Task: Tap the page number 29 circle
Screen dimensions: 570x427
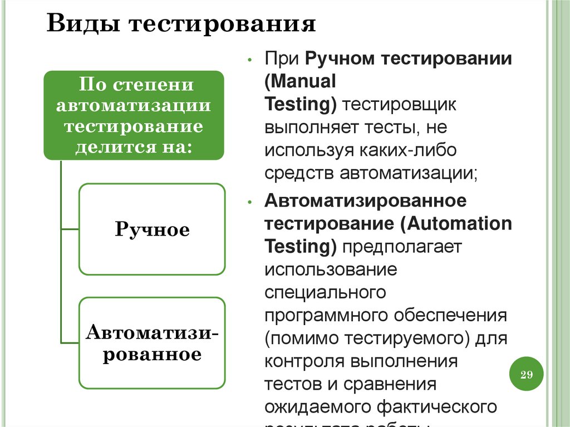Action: tap(526, 374)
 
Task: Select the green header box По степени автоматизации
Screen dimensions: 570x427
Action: tap(134, 115)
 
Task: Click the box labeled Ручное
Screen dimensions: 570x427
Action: tap(152, 229)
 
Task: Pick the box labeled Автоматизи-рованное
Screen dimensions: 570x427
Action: tap(152, 343)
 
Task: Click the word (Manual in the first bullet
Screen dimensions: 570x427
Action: tap(301, 82)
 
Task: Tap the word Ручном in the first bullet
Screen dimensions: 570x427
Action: tap(340, 59)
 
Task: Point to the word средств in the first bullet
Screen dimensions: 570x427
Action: tap(299, 173)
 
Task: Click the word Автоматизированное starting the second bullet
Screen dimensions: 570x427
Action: tap(366, 200)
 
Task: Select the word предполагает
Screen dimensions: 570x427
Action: tap(399, 246)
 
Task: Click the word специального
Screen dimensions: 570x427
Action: tap(326, 292)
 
